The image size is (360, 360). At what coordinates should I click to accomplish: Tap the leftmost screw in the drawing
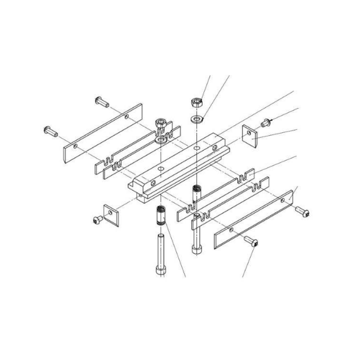point(50,129)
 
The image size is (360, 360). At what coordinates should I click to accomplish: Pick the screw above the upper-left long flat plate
point(101,102)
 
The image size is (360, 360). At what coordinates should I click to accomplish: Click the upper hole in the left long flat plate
point(127,117)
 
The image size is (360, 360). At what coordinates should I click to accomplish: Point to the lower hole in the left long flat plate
point(76,144)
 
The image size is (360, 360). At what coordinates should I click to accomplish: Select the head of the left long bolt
point(159,269)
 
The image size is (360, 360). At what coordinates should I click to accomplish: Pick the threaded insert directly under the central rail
point(197,192)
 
